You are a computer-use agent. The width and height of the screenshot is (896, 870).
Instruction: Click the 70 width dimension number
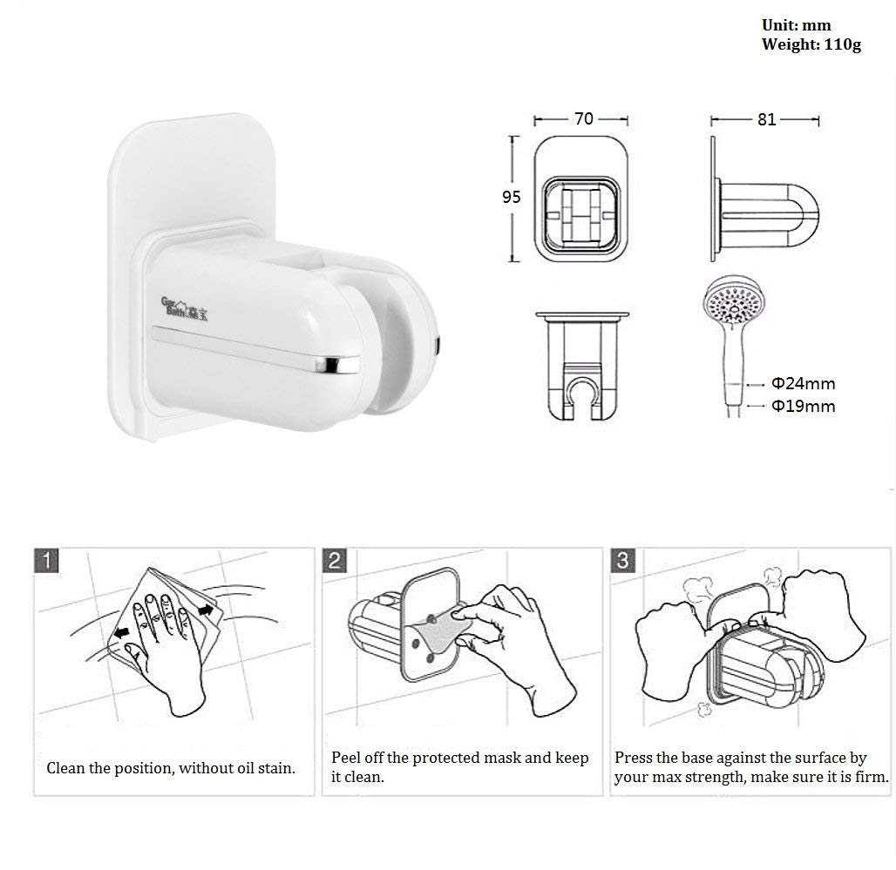[584, 119]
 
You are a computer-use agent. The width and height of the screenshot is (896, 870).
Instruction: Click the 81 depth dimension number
[766, 119]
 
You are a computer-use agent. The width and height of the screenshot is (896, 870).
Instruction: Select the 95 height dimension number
[511, 197]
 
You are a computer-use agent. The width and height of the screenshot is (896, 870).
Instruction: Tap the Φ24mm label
[803, 382]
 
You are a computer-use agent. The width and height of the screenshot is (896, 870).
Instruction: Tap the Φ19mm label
[803, 406]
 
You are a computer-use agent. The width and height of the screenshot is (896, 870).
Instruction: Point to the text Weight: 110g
[811, 44]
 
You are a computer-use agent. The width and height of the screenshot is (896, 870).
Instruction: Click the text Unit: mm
[796, 25]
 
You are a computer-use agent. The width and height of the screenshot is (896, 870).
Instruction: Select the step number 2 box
[336, 561]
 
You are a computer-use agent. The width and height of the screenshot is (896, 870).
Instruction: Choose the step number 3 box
[622, 561]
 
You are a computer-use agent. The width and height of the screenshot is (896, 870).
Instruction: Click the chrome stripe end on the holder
[340, 363]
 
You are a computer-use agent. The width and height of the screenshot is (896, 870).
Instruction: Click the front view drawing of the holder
[578, 199]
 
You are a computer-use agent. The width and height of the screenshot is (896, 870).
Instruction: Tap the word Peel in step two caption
[347, 758]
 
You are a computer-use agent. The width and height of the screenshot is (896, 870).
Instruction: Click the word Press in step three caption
[634, 758]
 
